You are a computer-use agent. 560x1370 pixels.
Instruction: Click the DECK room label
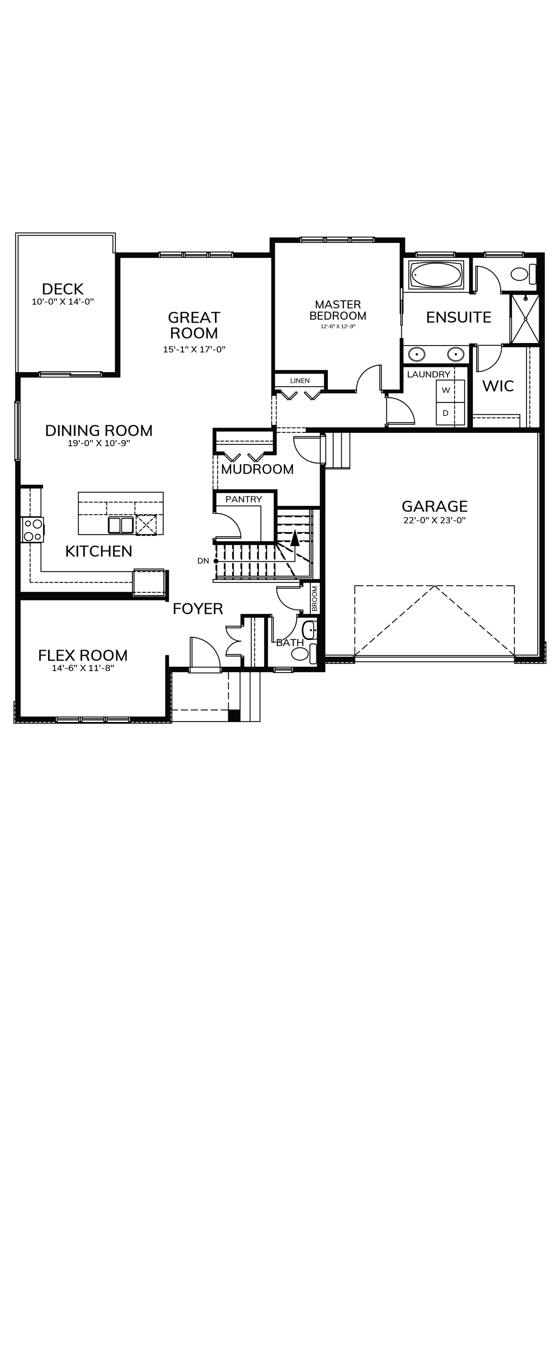(63, 289)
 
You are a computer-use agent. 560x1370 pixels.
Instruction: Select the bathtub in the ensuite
(436, 274)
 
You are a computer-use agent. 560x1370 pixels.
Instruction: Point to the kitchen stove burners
(32, 530)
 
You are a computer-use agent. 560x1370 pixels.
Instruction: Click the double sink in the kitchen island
(121, 525)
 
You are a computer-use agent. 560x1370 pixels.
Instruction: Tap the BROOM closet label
(315, 598)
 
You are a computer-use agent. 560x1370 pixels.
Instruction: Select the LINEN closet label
(300, 381)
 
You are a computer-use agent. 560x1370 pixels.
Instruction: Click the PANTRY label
(244, 499)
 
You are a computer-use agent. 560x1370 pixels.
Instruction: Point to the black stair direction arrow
(295, 538)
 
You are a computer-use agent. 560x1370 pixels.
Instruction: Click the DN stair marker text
(203, 561)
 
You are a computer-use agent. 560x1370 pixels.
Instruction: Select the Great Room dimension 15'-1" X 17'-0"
(194, 349)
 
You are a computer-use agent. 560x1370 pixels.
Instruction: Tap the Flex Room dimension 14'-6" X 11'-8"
(83, 668)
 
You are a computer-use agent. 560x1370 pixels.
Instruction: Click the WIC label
(498, 386)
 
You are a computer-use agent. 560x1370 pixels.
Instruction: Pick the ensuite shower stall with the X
(525, 319)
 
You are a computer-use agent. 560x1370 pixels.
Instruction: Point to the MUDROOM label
(258, 469)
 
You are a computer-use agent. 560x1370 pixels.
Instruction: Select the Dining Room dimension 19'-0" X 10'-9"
(99, 443)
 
